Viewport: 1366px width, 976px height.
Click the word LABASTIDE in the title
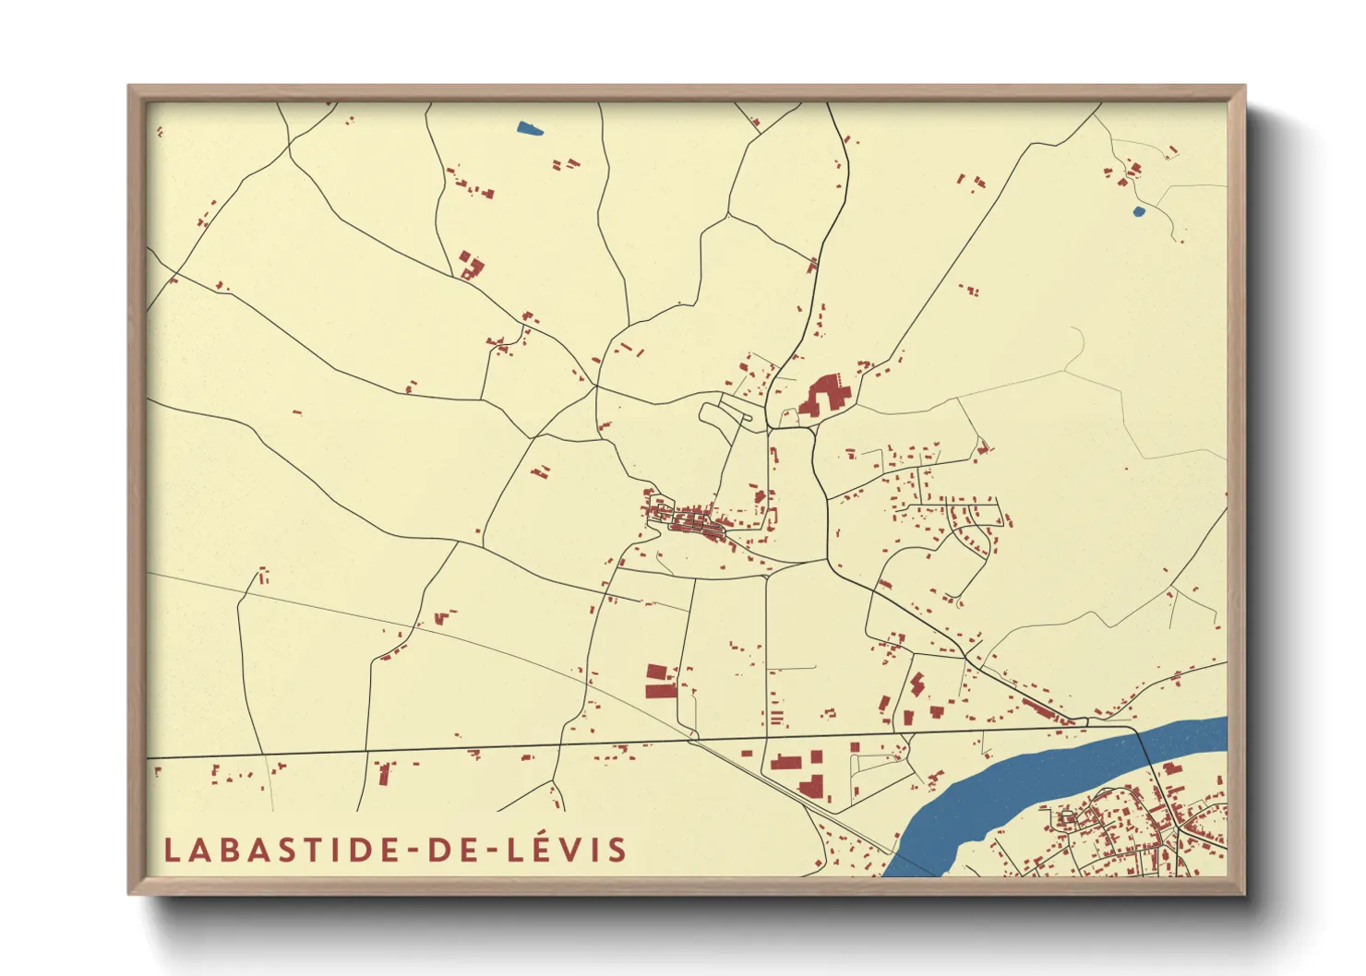[x=282, y=850]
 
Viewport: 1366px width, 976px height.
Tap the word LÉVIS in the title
[x=567, y=850]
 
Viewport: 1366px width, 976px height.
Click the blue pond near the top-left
[x=530, y=129]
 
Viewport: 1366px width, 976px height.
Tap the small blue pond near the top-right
[x=1138, y=211]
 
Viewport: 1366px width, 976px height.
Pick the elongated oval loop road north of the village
[x=725, y=415]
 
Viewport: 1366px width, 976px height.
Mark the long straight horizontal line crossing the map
[x=554, y=745]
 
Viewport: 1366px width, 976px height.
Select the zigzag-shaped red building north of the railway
[x=916, y=684]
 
